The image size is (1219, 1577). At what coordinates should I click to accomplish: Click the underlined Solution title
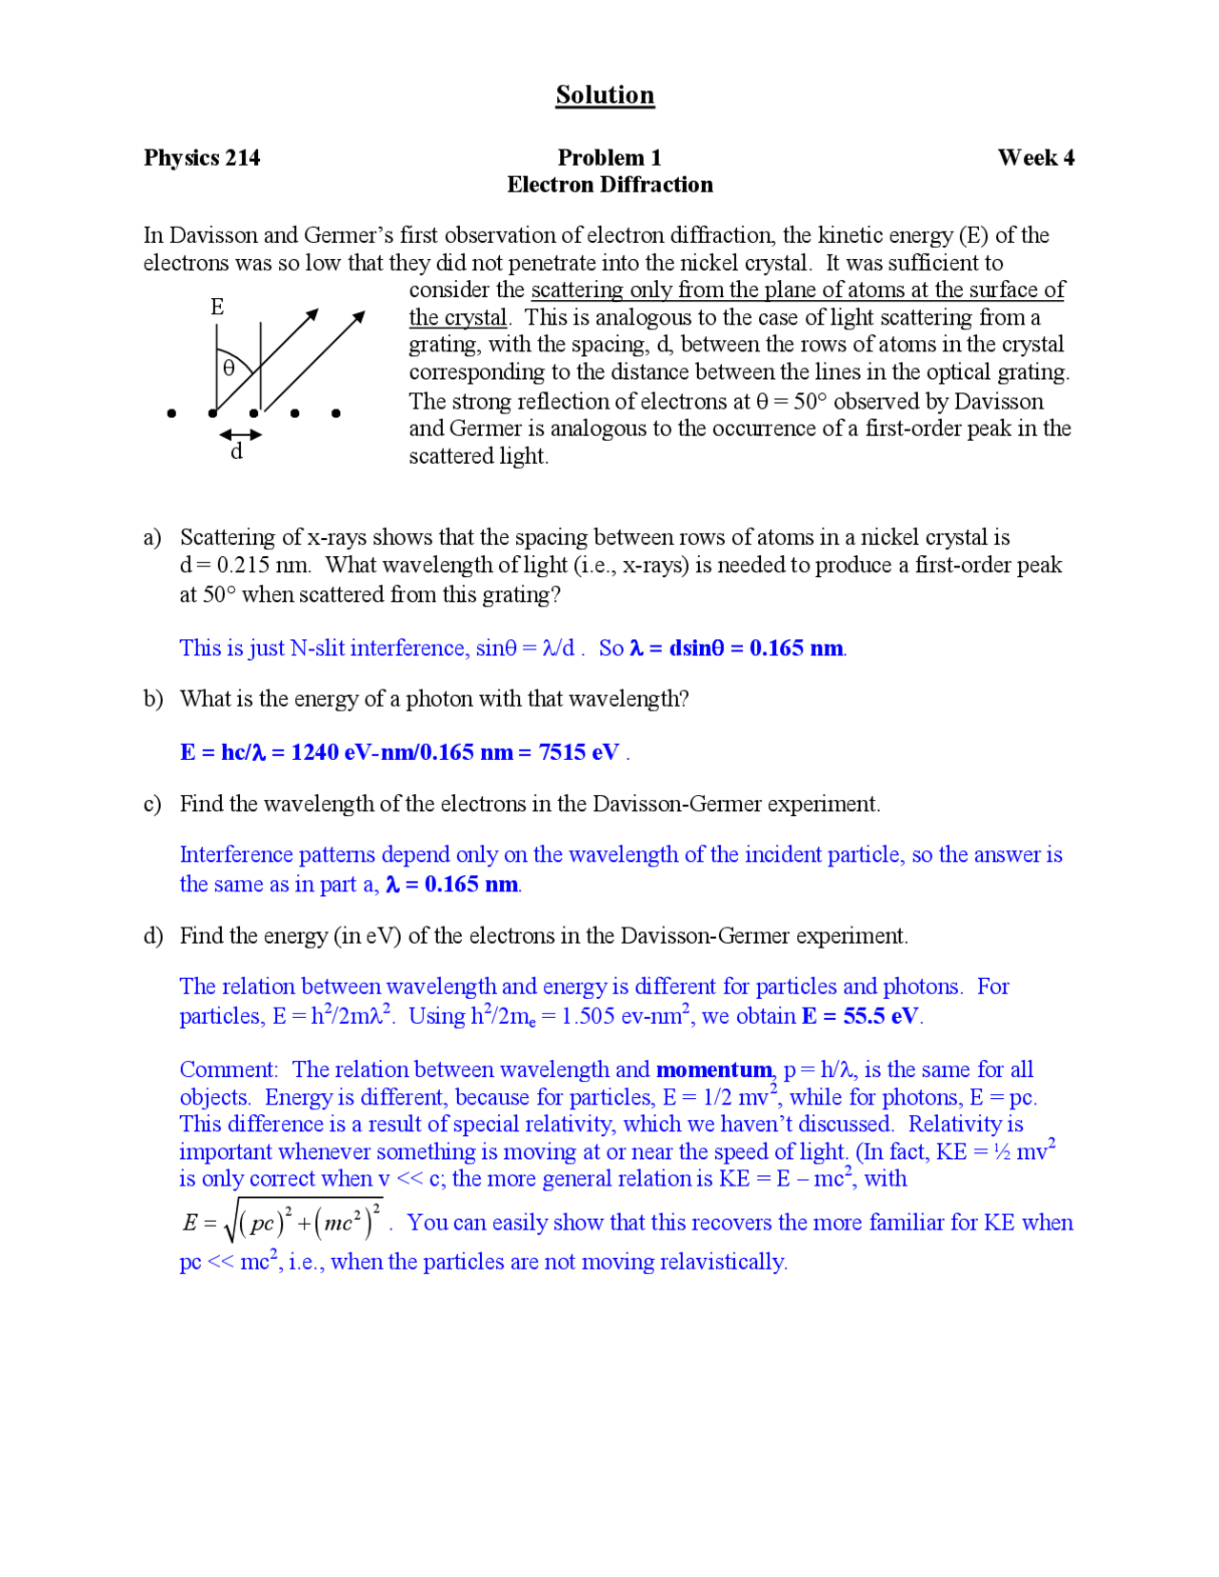point(605,95)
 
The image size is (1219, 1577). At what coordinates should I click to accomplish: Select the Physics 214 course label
point(202,158)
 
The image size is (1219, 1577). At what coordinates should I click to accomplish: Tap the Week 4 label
point(1035,158)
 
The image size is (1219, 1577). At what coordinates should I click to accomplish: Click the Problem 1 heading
point(609,158)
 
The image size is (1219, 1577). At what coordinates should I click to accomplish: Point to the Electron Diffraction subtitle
point(609,185)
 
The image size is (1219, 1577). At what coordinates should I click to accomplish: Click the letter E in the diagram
point(217,307)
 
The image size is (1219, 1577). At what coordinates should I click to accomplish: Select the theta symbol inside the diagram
point(229,369)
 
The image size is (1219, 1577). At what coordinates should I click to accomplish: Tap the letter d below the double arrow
point(237,452)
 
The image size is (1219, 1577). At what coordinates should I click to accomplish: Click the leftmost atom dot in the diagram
point(171,413)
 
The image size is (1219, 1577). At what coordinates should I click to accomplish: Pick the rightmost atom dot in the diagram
point(336,413)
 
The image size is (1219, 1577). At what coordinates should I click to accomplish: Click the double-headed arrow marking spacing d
point(240,435)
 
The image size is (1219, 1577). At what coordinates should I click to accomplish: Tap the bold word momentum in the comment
point(713,1070)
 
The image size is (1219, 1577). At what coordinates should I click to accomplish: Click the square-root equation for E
point(283,1222)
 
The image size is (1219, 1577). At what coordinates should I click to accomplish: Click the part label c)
point(152,805)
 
